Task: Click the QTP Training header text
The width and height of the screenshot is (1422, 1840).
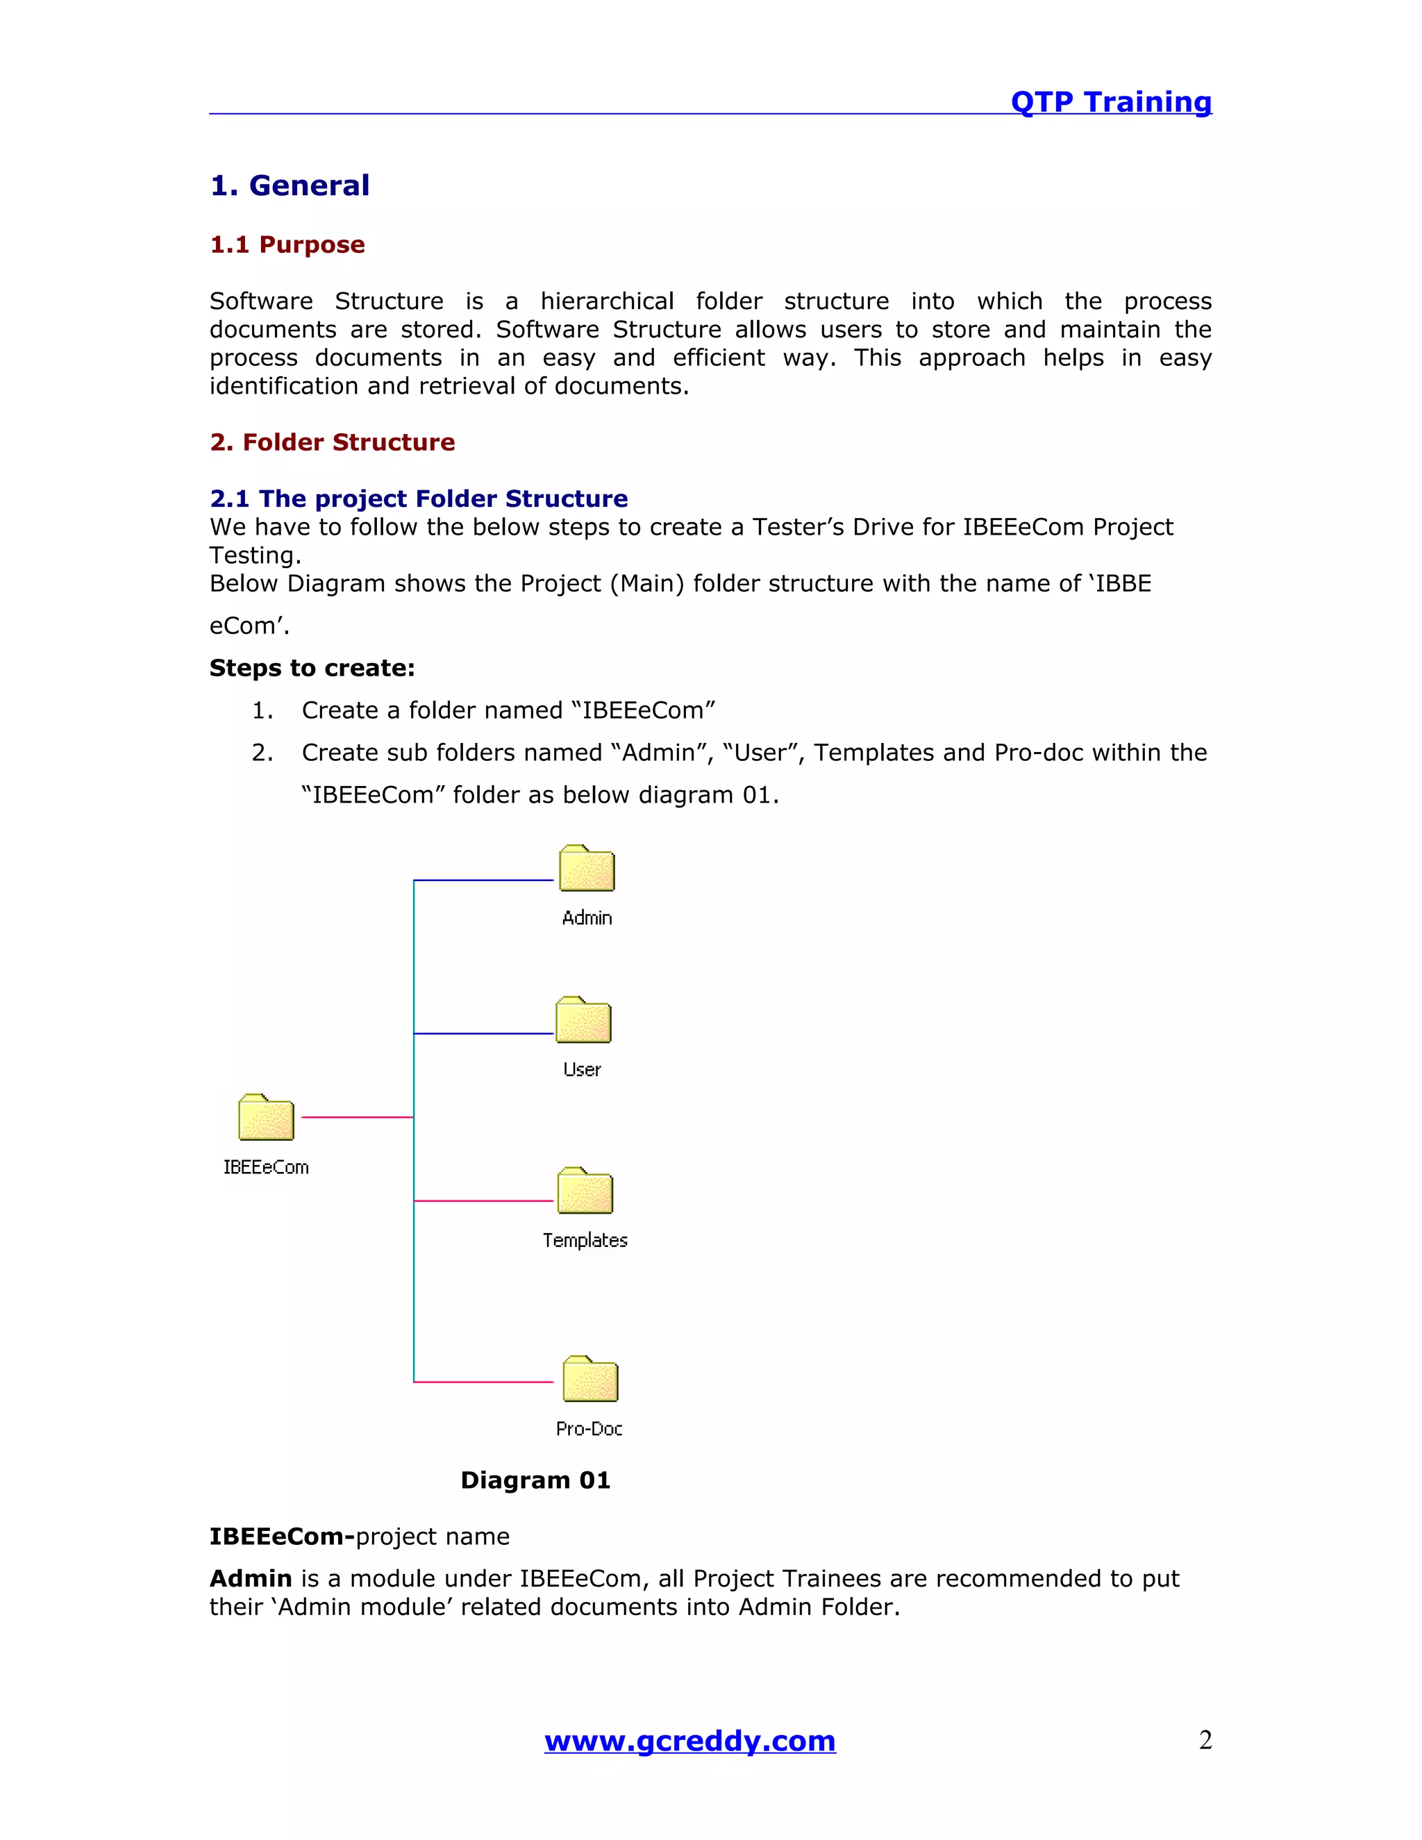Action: (1110, 102)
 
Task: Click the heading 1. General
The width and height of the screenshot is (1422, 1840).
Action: (290, 185)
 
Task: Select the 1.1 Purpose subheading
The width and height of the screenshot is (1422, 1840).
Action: (287, 244)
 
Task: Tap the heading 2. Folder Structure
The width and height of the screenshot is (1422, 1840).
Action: (332, 442)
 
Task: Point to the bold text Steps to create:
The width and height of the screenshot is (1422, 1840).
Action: (312, 668)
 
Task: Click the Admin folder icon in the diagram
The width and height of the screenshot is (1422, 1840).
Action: (587, 869)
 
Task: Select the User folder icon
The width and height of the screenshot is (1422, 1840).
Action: (583, 1021)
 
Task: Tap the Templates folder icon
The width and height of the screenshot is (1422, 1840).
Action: (585, 1191)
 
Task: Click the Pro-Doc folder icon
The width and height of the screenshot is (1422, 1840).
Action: (589, 1380)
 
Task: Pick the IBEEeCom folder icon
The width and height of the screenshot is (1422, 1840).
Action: (266, 1119)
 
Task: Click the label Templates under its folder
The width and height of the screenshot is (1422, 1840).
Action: (585, 1240)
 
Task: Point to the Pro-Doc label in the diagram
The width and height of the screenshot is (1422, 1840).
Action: (589, 1429)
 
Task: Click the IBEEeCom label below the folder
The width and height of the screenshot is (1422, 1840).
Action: (266, 1168)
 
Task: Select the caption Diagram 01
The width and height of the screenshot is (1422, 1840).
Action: (535, 1480)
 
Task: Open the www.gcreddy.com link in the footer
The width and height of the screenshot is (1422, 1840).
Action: (690, 1741)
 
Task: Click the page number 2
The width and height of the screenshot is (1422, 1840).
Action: (1205, 1740)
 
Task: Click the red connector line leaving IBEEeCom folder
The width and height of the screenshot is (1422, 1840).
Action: (356, 1117)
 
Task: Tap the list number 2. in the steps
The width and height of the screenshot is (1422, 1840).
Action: (262, 753)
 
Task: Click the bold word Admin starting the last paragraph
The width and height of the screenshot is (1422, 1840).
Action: (250, 1579)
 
